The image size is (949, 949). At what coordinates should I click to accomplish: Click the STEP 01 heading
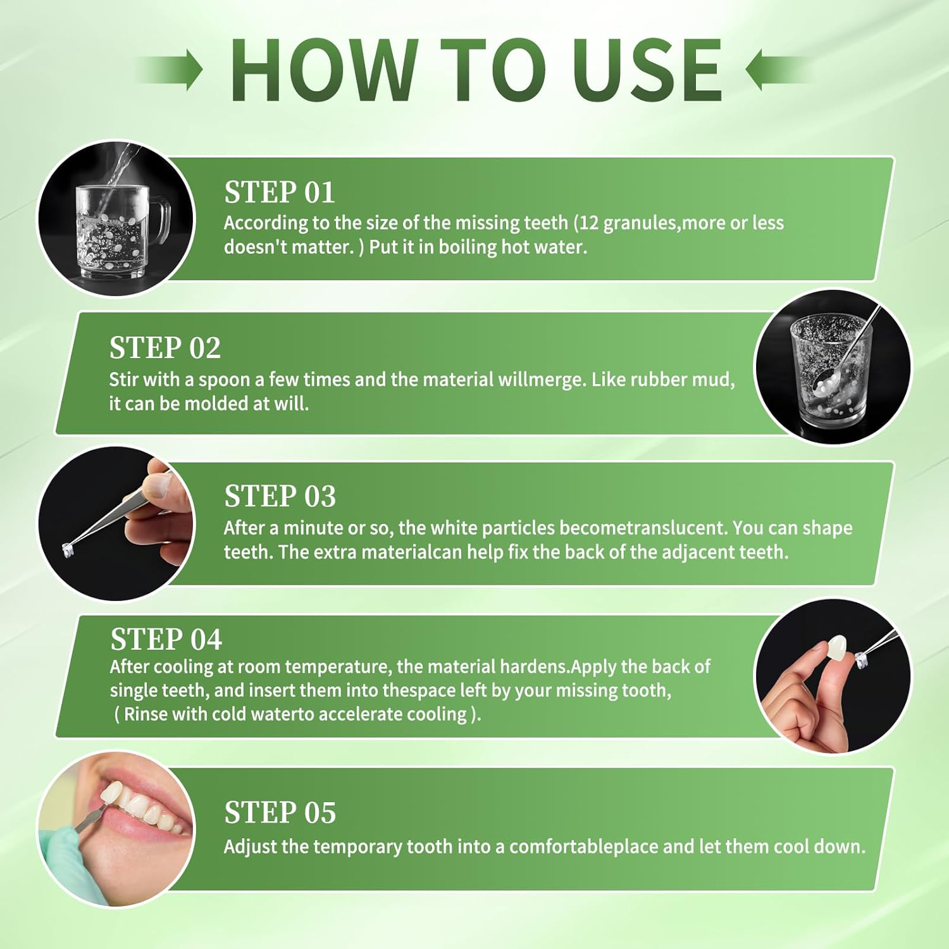point(279,192)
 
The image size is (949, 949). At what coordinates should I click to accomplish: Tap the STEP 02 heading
point(164,348)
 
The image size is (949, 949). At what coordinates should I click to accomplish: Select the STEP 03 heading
point(280,497)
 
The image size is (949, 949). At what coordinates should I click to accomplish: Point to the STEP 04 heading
point(166,640)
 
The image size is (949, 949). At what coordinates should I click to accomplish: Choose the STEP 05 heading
point(280,813)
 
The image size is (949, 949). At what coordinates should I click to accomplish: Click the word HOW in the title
point(324,70)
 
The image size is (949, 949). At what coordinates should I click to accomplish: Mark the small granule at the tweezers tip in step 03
point(67,550)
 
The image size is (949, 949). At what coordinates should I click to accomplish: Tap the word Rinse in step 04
point(145,714)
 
